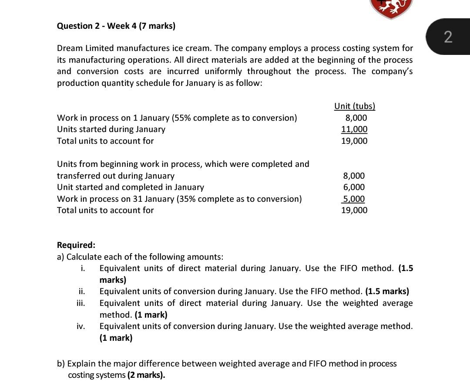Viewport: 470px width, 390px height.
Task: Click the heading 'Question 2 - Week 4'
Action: click(x=116, y=26)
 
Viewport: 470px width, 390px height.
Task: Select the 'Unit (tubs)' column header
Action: click(x=354, y=106)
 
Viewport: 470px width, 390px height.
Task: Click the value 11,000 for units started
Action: click(x=354, y=129)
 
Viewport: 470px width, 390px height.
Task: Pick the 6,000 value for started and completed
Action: click(x=354, y=187)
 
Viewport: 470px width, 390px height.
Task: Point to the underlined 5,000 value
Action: click(x=354, y=199)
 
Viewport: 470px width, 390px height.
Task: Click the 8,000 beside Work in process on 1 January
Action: click(x=356, y=118)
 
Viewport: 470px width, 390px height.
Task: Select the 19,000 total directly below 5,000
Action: click(x=354, y=210)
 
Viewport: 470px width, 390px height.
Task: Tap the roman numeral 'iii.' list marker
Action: click(x=81, y=303)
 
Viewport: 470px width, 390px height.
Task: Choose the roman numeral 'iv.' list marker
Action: click(x=81, y=326)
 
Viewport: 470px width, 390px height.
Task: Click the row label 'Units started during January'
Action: click(x=111, y=129)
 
